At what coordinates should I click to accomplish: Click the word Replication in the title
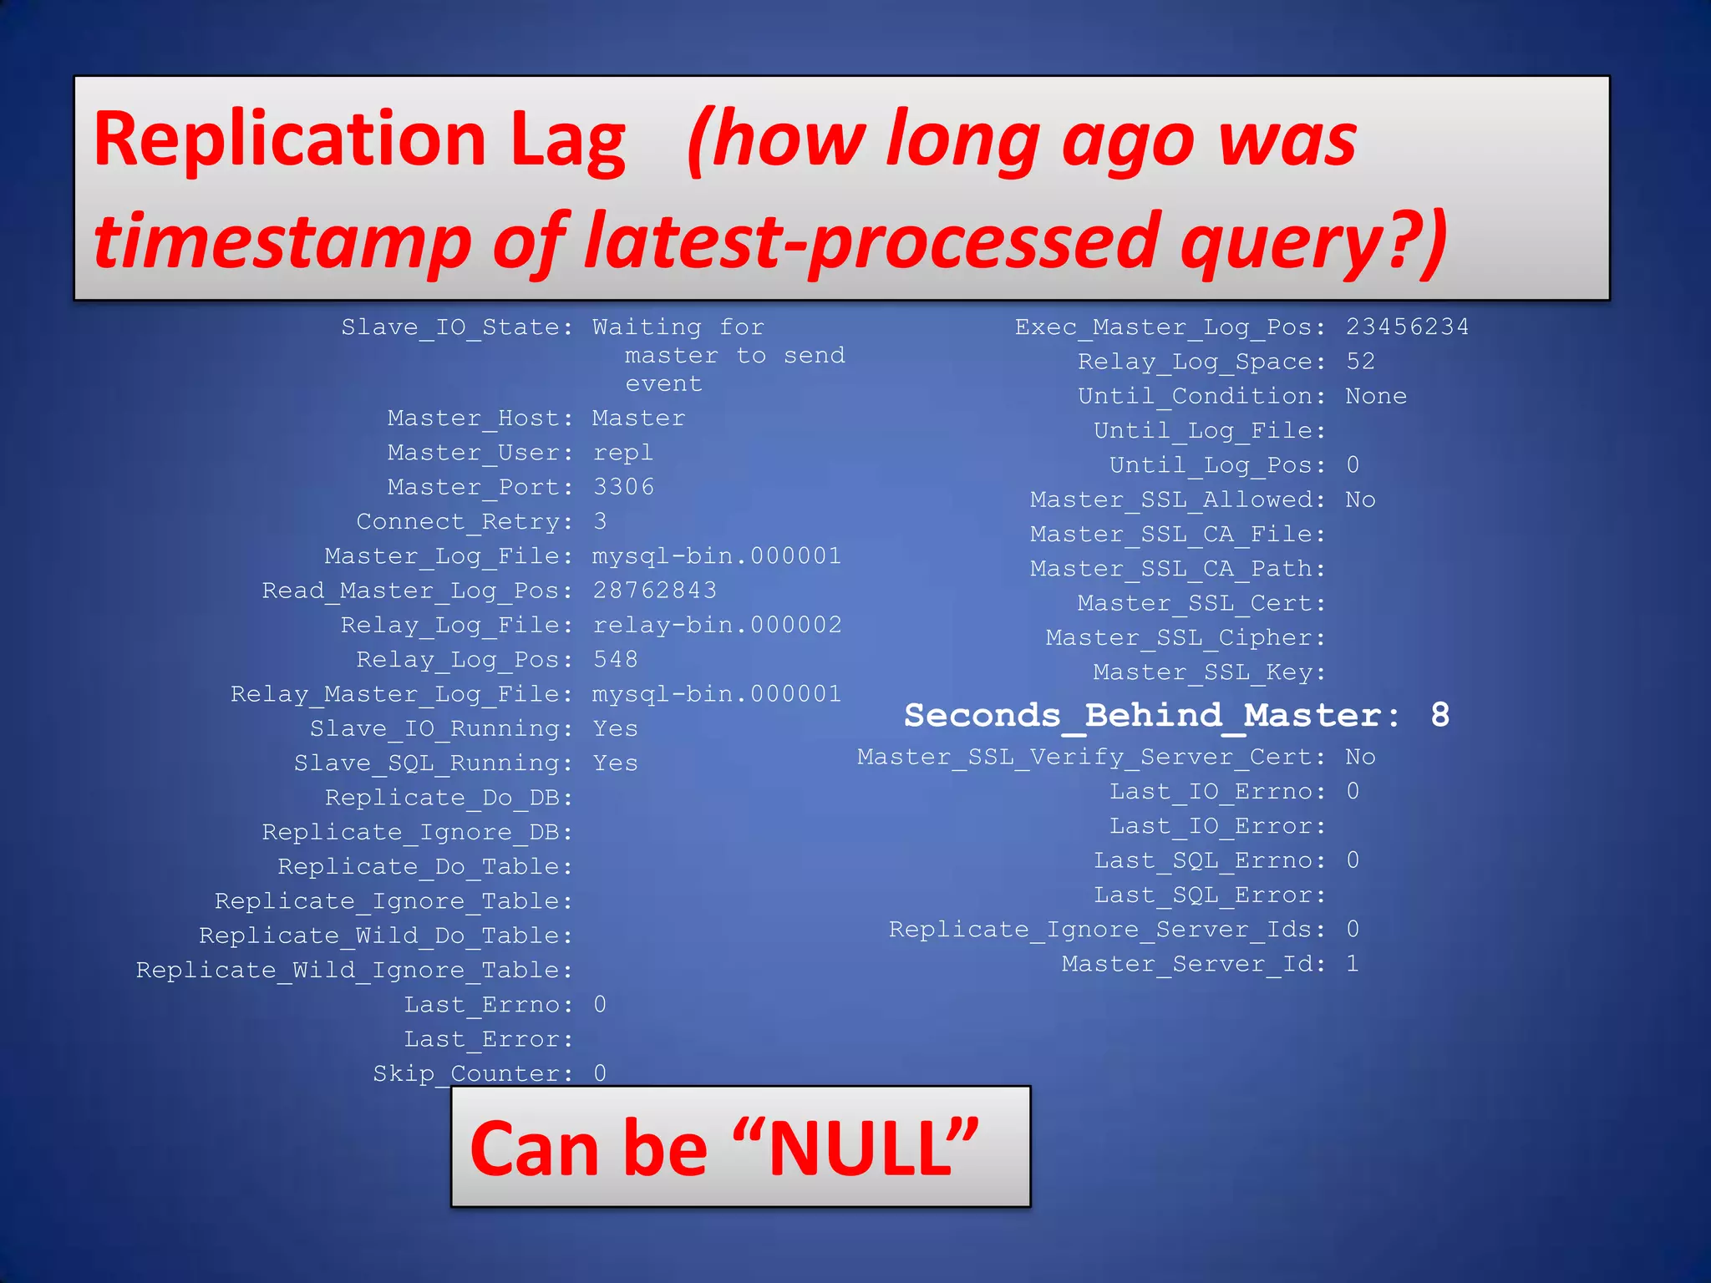click(x=289, y=140)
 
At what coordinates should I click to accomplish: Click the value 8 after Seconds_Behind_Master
click(x=1439, y=715)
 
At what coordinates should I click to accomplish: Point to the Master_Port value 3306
click(x=623, y=487)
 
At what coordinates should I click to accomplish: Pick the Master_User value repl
click(x=622, y=453)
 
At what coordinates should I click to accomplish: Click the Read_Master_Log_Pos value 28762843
click(x=654, y=591)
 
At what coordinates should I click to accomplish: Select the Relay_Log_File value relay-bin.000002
click(x=717, y=625)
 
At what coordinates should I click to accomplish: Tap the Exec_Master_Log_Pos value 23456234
click(x=1407, y=327)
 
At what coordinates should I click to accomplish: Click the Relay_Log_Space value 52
click(x=1360, y=362)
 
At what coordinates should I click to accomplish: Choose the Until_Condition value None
click(x=1375, y=396)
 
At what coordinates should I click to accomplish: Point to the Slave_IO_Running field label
click(x=441, y=729)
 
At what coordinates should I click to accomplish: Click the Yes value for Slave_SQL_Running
click(x=615, y=763)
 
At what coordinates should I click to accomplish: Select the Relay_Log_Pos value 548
click(x=615, y=660)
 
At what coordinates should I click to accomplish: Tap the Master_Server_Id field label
click(x=1193, y=964)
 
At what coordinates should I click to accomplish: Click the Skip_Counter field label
click(x=473, y=1073)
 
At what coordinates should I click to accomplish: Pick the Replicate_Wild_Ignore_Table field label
click(x=354, y=970)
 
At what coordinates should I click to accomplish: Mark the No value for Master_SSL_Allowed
click(x=1360, y=500)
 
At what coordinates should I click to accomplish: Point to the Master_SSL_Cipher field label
click(x=1185, y=638)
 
